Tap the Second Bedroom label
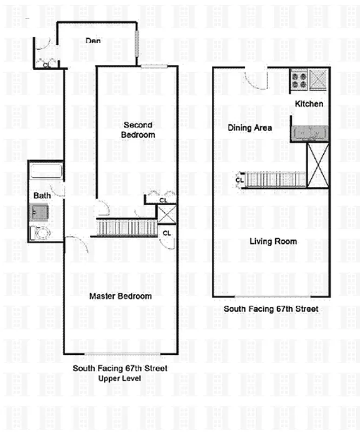[138, 130]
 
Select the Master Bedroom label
[120, 296]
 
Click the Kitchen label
[309, 104]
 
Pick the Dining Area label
[249, 128]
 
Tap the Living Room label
[273, 241]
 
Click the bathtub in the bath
[46, 172]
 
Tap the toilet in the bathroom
[40, 233]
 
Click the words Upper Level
[119, 378]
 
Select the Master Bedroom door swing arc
[78, 246]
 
